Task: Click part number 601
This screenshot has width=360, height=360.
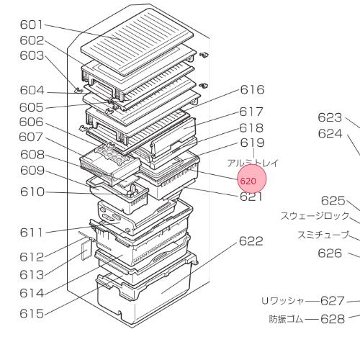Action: [32, 24]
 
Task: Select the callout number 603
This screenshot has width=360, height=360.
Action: [32, 55]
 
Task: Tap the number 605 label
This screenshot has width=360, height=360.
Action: [32, 107]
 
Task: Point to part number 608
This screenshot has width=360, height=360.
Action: [32, 155]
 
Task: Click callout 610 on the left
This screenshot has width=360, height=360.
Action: [32, 192]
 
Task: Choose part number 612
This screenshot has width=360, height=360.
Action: [32, 257]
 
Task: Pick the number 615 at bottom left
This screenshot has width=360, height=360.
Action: [32, 314]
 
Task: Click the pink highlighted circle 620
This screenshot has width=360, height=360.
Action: [252, 179]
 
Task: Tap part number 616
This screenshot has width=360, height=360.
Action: [252, 90]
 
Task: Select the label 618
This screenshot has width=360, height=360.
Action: [251, 128]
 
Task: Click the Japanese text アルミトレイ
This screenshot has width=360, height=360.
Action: [253, 163]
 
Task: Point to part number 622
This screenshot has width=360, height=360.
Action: [251, 241]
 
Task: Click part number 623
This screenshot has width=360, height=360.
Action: [330, 117]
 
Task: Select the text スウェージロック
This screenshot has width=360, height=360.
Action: [315, 216]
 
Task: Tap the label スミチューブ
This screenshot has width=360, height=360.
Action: [323, 235]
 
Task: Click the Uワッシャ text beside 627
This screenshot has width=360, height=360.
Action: [283, 301]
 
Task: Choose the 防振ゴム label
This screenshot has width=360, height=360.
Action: [286, 319]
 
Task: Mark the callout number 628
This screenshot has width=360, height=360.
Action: [333, 319]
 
